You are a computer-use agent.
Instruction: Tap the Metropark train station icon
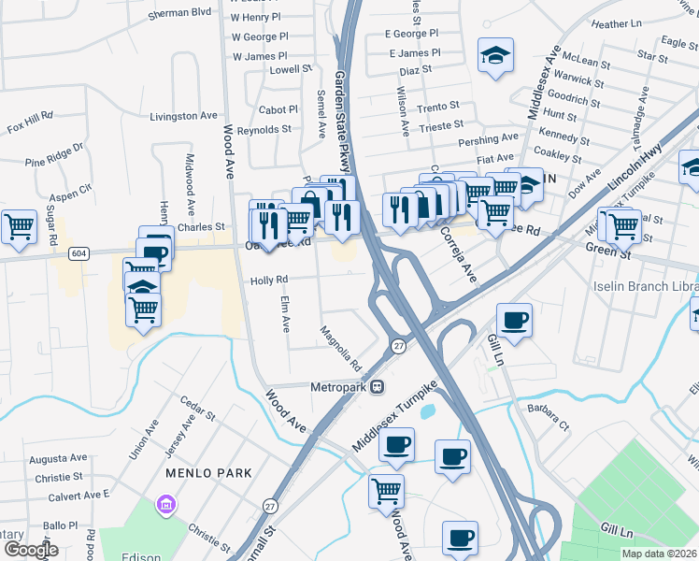click(x=378, y=385)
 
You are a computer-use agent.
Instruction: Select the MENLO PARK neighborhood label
click(x=208, y=473)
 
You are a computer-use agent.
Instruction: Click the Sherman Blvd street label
click(x=181, y=12)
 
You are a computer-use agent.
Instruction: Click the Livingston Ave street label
click(x=183, y=116)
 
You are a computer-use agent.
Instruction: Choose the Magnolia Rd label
click(x=340, y=347)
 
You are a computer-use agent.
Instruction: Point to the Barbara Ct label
click(x=549, y=412)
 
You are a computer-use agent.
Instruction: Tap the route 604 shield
click(x=79, y=253)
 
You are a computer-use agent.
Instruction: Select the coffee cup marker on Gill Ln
click(x=514, y=321)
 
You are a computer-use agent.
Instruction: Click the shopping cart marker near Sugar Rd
click(x=19, y=226)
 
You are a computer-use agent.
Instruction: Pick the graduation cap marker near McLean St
click(x=495, y=55)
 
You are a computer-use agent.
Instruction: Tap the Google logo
click(x=31, y=550)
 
